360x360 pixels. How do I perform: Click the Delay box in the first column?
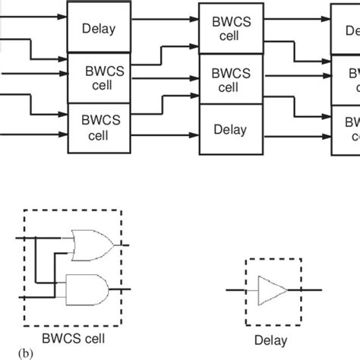pyautogui.click(x=99, y=30)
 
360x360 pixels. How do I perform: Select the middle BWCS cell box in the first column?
pyautogui.click(x=99, y=79)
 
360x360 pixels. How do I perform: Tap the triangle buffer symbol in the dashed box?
pyautogui.click(x=272, y=289)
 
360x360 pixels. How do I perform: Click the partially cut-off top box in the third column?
pyautogui.click(x=346, y=30)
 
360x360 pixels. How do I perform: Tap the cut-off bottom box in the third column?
pyautogui.click(x=346, y=129)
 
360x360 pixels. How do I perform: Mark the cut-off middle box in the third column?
pyautogui.click(x=346, y=79)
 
